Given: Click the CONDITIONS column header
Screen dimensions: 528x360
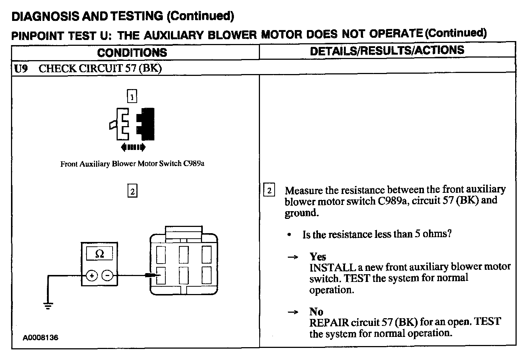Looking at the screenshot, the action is (132, 52).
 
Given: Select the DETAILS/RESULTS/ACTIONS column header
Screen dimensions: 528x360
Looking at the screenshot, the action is (387, 51).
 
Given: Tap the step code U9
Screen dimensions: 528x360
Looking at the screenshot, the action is (21, 69).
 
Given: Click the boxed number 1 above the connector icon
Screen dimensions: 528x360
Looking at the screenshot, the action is (132, 96).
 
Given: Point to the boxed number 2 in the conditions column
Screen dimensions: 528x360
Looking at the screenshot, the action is (132, 191).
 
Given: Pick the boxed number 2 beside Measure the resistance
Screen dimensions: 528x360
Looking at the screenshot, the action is (269, 191).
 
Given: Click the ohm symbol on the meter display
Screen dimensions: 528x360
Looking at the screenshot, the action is (99, 254).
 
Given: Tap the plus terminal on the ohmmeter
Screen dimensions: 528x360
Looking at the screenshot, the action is (92, 275).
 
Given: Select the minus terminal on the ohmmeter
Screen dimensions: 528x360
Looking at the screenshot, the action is (107, 275).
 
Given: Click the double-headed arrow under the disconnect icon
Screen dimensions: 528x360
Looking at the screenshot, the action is (133, 147).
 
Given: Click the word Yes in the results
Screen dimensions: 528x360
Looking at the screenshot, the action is (318, 257).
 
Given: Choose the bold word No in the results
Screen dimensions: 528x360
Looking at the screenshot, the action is (316, 312).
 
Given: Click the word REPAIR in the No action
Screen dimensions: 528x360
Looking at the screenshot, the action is (329, 323).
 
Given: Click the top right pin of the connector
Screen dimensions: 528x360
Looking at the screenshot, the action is (206, 254).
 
